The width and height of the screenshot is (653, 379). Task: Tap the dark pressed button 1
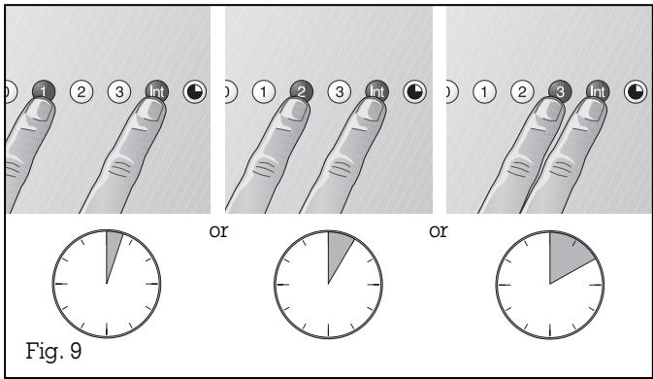pyautogui.click(x=47, y=91)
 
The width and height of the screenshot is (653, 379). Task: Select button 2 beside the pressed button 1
pyautogui.click(x=84, y=91)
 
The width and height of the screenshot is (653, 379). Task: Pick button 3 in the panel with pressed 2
pyautogui.click(x=338, y=91)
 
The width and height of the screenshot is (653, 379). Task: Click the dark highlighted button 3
pyautogui.click(x=559, y=91)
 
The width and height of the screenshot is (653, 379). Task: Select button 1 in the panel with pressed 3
pyautogui.click(x=484, y=91)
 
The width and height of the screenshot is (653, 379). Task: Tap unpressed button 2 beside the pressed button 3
pyautogui.click(x=521, y=91)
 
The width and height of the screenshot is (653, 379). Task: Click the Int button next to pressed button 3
pyautogui.click(x=595, y=91)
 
